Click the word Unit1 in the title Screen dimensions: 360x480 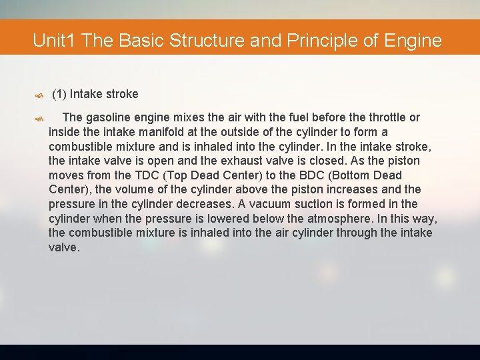click(55, 41)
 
